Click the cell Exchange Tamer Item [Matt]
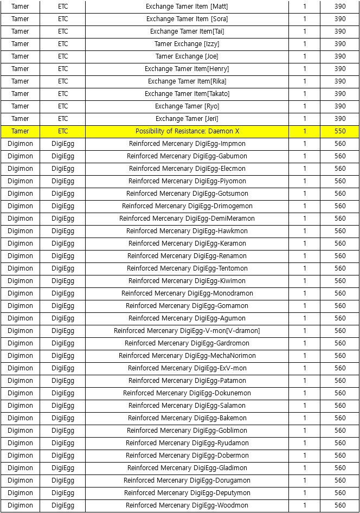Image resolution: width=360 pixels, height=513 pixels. pos(187,7)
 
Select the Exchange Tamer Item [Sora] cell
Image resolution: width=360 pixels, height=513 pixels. pos(187,19)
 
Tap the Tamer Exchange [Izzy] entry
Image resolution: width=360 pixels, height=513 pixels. pos(187,44)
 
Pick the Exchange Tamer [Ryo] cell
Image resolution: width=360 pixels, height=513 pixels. pos(187,106)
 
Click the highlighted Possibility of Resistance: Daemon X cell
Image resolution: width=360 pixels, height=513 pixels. pos(187,131)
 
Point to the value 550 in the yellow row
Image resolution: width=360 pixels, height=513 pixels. pos(340,131)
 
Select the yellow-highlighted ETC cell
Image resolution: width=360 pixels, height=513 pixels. pos(63,131)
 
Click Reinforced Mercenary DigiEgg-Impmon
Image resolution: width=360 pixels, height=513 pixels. pos(187,144)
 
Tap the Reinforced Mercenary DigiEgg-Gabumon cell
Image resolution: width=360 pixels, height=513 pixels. pos(187,156)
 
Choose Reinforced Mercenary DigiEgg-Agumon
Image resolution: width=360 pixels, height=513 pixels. pos(187,318)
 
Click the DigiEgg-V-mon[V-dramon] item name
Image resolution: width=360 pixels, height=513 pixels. pos(187,331)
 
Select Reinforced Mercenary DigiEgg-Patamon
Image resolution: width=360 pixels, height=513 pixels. pos(187,381)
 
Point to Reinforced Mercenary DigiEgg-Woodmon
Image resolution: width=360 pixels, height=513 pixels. pos(187,505)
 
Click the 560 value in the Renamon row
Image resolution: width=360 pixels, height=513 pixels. pos(340,256)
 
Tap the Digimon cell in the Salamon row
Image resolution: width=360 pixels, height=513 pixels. pos(20,406)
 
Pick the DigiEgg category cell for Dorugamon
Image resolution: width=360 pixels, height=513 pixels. pos(63,480)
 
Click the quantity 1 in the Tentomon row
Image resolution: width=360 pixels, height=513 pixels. pos(305,268)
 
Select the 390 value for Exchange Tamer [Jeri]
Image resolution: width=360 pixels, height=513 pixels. pos(340,119)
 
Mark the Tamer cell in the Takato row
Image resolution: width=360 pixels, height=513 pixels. pos(20,94)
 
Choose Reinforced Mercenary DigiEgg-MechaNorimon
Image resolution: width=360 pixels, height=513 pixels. pos(187,356)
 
